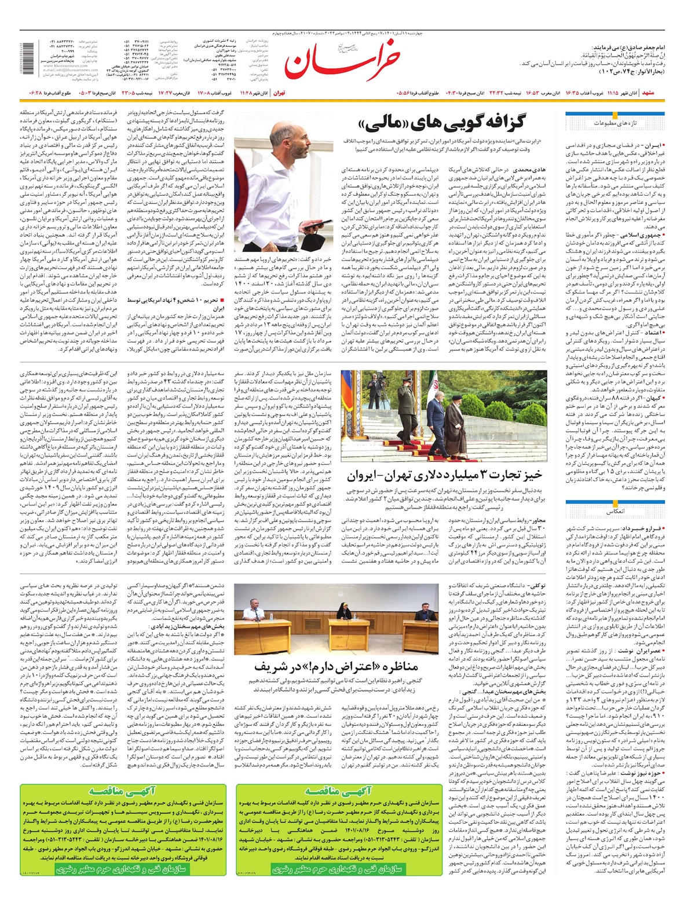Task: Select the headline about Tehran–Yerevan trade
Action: [x=445, y=475]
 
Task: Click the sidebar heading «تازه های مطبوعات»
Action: [x=614, y=123]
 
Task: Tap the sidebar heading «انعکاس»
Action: [x=614, y=512]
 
